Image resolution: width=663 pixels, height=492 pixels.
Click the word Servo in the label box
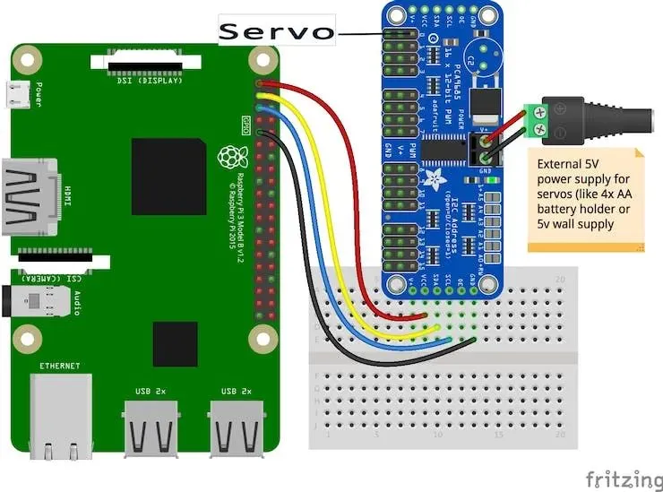tap(276, 32)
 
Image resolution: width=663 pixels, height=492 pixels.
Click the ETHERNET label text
tap(60, 366)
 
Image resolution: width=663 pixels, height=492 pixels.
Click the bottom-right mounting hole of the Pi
tap(263, 338)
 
